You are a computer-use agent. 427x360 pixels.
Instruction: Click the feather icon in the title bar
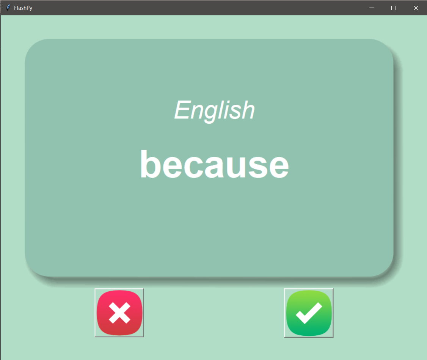[x=8, y=8]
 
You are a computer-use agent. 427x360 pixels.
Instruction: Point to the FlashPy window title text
[x=23, y=8]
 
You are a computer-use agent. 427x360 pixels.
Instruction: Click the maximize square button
[x=394, y=8]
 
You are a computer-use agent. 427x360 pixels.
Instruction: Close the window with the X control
[x=416, y=8]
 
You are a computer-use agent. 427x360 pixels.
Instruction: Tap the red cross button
[x=119, y=313]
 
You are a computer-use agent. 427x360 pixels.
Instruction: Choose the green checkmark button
[x=309, y=313]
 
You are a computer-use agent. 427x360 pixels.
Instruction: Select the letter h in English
[x=248, y=110]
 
